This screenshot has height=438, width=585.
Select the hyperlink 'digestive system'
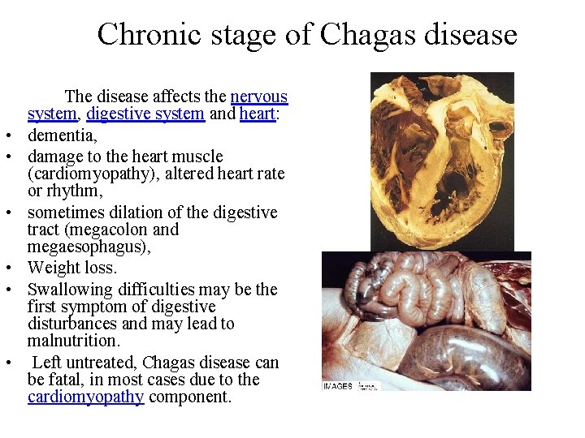(x=145, y=114)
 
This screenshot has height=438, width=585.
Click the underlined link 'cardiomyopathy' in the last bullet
(x=86, y=397)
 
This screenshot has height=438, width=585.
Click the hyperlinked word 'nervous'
(x=259, y=97)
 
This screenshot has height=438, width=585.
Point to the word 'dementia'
(x=62, y=134)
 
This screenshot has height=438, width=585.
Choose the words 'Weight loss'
(x=72, y=268)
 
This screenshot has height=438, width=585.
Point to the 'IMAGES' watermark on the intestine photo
(x=338, y=386)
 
